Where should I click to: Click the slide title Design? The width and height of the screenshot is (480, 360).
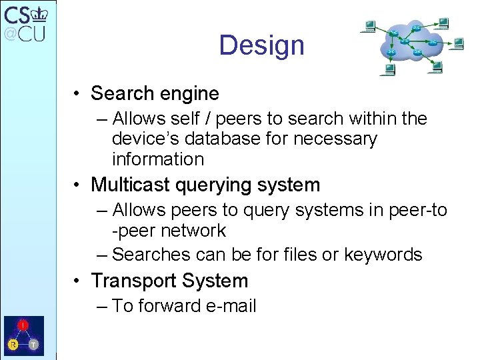(261, 45)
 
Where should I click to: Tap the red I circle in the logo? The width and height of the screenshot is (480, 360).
(23, 325)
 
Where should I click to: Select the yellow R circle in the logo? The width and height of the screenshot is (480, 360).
(13, 345)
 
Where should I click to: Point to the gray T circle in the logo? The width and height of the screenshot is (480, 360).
(33, 345)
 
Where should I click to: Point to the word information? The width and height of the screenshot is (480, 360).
(158, 159)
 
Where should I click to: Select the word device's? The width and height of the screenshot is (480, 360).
(141, 139)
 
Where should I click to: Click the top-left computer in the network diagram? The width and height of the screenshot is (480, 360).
(369, 27)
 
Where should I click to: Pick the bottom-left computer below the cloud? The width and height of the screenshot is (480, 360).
(387, 69)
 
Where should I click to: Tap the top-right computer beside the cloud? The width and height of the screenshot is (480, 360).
(441, 23)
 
